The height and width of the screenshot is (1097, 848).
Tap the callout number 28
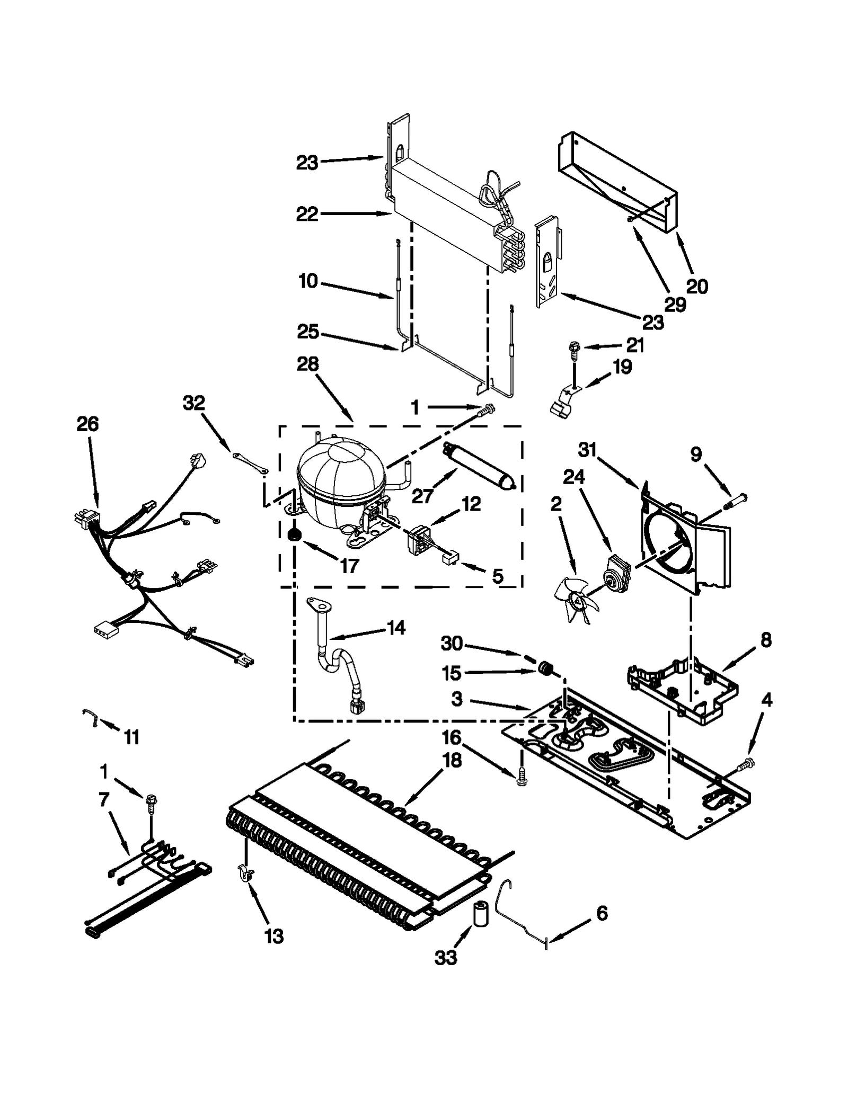coord(307,364)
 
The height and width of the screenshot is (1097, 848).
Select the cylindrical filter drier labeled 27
coord(480,466)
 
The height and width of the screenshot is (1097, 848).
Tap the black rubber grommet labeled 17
coord(293,536)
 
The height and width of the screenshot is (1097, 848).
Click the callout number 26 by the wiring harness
coord(87,424)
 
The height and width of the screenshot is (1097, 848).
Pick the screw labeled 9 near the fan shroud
coord(736,498)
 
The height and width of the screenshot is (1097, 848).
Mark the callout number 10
coord(308,281)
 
